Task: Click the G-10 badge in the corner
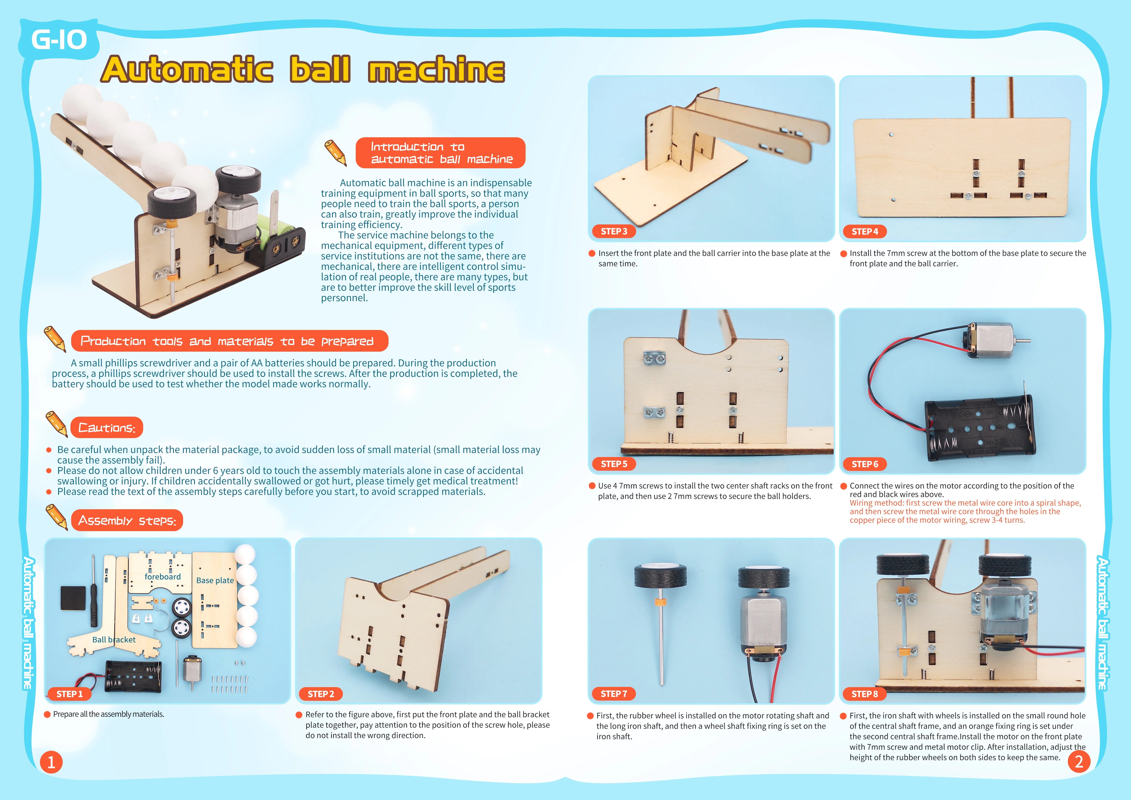[59, 39]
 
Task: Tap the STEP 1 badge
[70, 694]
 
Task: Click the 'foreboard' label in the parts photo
[163, 576]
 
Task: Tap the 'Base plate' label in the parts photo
[215, 580]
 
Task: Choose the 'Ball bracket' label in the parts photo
[114, 639]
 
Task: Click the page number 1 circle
[51, 762]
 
